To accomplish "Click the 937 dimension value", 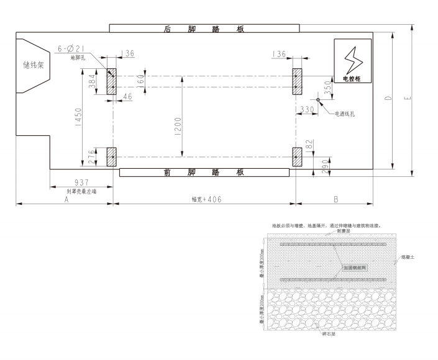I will pos(81,182).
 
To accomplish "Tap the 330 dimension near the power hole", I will pos(306,110).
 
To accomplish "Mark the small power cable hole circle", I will pos(317,99).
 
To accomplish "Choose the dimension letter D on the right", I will pos(388,99).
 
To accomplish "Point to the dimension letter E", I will pos(406,99).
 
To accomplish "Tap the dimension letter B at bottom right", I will pos(335,200).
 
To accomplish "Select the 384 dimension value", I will pos(92,82).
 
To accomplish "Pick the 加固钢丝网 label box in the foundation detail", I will pos(354,269).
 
